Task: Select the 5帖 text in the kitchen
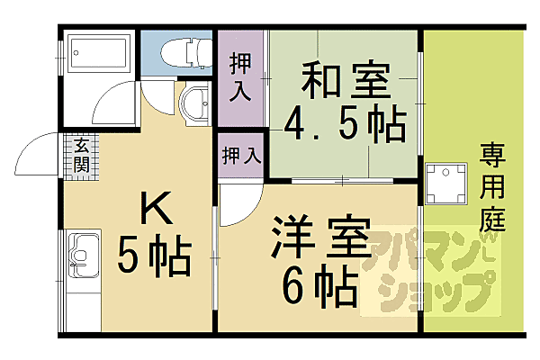pos(154,260)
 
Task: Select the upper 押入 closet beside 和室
pos(241,79)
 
